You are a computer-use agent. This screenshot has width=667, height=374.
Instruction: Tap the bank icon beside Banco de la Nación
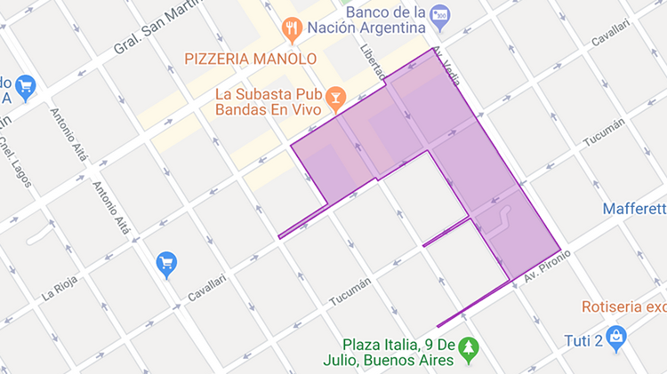pos(439,16)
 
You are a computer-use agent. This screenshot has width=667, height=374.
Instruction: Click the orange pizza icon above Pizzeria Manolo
pos(291,32)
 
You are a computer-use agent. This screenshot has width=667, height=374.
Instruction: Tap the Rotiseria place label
pos(623,307)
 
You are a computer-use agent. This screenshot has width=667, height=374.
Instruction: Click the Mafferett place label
pos(634,210)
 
